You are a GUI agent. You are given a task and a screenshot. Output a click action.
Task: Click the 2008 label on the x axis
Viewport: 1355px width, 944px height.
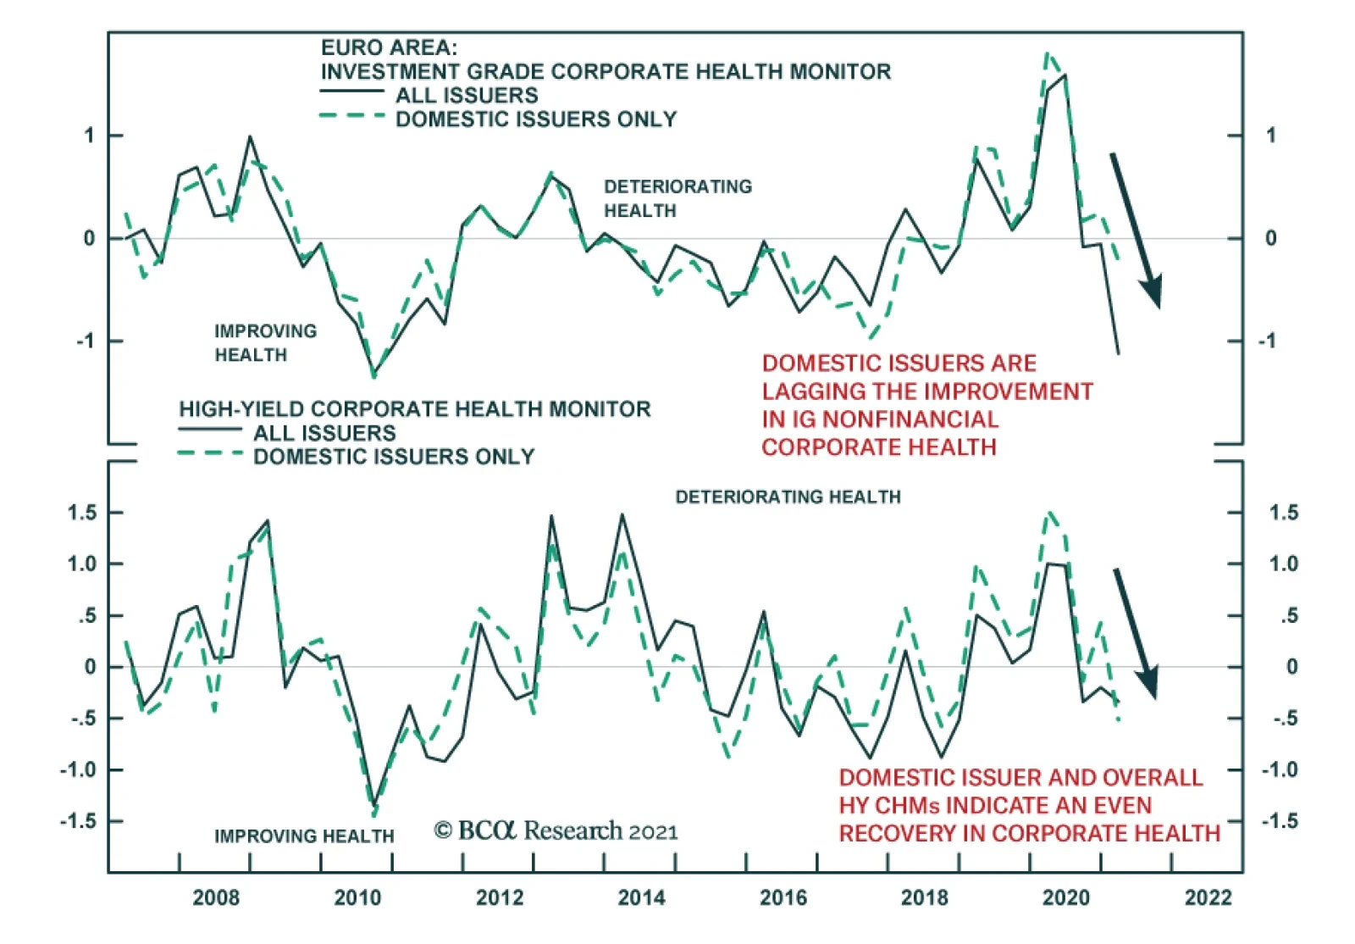click(216, 897)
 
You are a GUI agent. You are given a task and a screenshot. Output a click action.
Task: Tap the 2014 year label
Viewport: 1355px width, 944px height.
click(641, 897)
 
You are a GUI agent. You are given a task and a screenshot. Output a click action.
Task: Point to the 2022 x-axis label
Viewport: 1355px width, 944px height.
click(1208, 897)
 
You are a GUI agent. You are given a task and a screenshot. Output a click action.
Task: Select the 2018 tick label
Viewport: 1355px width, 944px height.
click(924, 897)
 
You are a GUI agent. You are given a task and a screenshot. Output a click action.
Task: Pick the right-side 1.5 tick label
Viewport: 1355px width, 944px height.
click(1283, 513)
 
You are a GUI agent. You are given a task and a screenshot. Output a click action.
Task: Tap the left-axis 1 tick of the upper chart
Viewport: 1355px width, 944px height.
click(89, 136)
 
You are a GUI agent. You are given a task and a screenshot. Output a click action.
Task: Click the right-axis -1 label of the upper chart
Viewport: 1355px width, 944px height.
click(1266, 341)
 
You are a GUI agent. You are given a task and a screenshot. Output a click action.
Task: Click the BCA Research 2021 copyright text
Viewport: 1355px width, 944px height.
click(556, 830)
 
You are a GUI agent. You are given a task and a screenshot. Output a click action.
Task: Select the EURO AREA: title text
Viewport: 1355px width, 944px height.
click(389, 47)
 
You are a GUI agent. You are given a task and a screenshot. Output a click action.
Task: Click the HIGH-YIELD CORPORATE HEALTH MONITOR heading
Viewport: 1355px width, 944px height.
click(414, 409)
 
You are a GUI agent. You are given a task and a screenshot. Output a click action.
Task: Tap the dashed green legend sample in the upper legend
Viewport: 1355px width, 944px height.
click(351, 115)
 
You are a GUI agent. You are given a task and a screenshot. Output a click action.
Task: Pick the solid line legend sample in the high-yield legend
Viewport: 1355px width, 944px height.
click(210, 430)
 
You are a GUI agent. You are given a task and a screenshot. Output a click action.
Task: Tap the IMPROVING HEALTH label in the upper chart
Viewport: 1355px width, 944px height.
click(265, 342)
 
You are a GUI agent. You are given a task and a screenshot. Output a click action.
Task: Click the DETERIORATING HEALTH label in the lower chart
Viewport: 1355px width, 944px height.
click(788, 497)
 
